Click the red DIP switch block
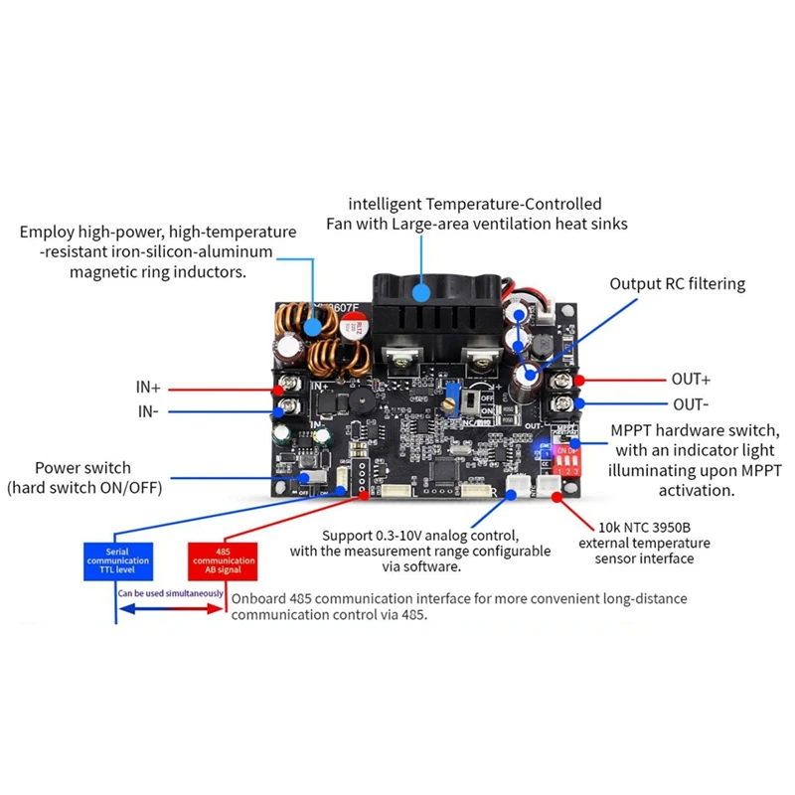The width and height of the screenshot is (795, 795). pos(565,458)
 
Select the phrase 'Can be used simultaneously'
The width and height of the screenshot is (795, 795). pos(172,594)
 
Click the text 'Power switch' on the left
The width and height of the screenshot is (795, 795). pos(82,467)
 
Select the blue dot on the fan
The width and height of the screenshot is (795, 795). pos(423,290)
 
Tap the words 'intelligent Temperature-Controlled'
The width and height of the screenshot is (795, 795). pos(477,202)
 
